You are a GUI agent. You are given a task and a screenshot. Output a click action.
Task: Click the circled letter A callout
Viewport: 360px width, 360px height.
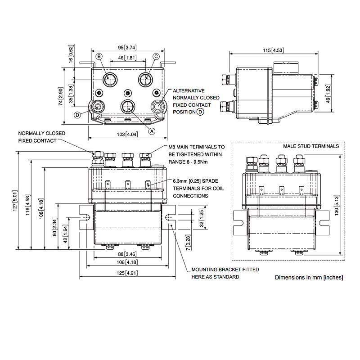(x=152, y=131)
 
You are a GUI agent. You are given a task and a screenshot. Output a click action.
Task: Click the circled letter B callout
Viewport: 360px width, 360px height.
(x=99, y=56)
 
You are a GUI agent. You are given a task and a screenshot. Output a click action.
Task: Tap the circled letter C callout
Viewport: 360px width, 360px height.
(x=156, y=56)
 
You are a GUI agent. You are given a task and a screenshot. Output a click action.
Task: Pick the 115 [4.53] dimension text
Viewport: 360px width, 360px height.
(x=274, y=50)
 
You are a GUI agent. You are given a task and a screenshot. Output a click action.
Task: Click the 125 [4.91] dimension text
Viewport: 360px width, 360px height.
(x=127, y=273)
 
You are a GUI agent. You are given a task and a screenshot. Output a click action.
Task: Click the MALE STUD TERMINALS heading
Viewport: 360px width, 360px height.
(x=311, y=147)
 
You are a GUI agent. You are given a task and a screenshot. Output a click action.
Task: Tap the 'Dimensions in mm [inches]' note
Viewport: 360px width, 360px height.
(x=309, y=278)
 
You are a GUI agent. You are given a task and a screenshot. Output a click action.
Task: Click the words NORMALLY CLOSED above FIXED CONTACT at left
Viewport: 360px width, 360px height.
(x=42, y=134)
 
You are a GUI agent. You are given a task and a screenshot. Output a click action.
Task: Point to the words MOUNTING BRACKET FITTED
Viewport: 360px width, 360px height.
(x=225, y=270)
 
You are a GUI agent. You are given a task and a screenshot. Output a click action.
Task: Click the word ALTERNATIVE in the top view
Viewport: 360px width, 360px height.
(x=189, y=90)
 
